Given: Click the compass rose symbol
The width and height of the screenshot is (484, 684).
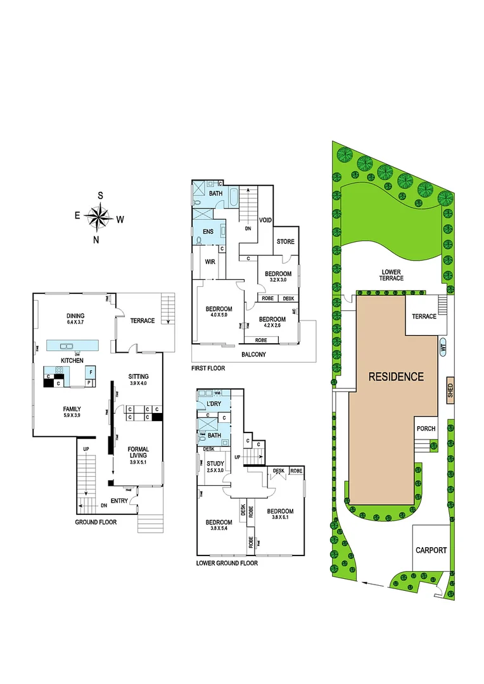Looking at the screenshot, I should [98, 218].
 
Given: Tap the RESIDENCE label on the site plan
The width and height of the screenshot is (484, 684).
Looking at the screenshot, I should [397, 377].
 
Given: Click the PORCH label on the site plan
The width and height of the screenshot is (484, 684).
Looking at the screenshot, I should [426, 429].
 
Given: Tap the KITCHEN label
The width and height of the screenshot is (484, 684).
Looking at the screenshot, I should [72, 360].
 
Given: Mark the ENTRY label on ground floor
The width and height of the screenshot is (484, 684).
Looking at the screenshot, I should [120, 501].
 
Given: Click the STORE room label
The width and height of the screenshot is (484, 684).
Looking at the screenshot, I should [285, 241].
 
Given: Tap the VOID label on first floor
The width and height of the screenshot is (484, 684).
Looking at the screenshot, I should [266, 220].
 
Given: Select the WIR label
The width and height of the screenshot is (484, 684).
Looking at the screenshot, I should [210, 262].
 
